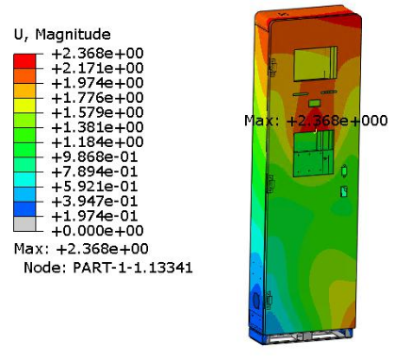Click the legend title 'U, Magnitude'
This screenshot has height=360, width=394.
point(62,34)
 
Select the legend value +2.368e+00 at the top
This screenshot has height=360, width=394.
point(97,53)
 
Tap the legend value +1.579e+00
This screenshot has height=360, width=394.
point(97,112)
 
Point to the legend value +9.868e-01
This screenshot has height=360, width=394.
point(94,156)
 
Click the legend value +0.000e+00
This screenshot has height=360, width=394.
point(97,231)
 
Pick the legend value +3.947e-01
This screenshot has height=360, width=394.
point(94,201)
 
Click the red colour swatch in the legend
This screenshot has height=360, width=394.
point(25,61)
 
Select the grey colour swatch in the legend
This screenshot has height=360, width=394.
point(25,223)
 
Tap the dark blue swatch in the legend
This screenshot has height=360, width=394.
point(25,209)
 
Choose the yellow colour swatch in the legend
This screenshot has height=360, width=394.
point(25,106)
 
